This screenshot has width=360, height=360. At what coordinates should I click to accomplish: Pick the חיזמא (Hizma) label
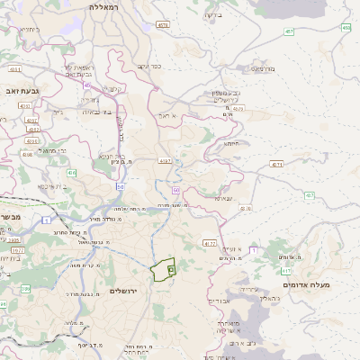231,143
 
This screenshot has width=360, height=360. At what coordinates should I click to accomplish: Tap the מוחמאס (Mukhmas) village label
262,67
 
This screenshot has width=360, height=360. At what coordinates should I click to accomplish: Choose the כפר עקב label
149,66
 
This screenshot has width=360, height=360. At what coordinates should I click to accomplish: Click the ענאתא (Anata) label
224,198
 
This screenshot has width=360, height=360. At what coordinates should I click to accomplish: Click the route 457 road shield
289,31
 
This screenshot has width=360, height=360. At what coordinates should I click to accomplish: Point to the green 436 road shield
71,171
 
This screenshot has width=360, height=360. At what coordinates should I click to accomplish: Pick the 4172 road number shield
210,243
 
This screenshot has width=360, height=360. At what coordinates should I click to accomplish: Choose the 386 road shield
25,288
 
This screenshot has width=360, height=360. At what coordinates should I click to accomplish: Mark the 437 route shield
309,195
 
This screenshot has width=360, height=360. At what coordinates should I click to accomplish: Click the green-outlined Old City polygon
163,270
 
